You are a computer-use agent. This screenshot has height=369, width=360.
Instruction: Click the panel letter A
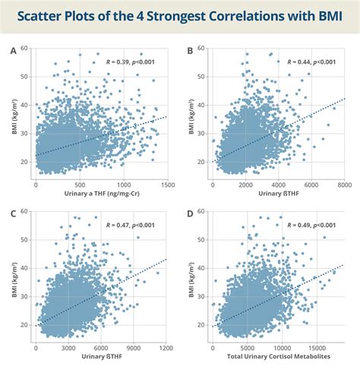tap(13, 50)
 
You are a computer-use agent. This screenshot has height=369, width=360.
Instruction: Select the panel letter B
tap(189, 50)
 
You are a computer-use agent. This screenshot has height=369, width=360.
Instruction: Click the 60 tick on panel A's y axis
tap(25, 49)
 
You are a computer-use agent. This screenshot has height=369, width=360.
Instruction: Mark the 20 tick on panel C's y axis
tap(25, 323)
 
